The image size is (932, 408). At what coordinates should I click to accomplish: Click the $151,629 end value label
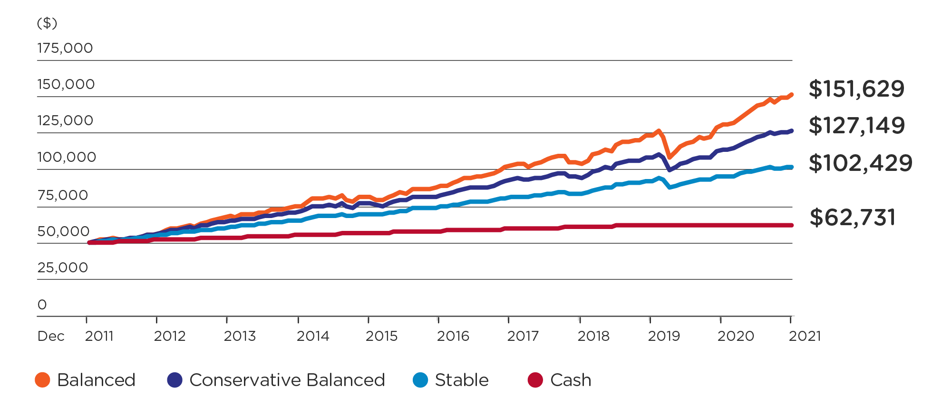(856, 89)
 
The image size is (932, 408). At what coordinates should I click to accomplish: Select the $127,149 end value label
(856, 126)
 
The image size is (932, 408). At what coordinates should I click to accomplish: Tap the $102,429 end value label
(860, 163)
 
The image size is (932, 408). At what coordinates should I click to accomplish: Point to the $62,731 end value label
(853, 218)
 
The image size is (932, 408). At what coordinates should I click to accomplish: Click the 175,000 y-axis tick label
(65, 48)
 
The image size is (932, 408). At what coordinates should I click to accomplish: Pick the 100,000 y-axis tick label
(67, 157)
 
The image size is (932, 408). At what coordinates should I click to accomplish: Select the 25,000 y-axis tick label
(63, 268)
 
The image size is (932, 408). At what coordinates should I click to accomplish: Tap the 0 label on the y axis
(42, 305)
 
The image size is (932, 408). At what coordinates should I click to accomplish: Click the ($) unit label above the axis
(47, 23)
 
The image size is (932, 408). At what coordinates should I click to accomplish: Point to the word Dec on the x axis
(51, 336)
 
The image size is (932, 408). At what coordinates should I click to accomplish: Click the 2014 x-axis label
(312, 336)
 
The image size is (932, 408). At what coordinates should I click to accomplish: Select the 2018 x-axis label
(593, 336)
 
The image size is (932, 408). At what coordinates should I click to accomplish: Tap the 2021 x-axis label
(805, 336)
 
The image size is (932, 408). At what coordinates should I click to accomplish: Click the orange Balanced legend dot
(43, 380)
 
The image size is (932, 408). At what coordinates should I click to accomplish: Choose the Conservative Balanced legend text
(287, 380)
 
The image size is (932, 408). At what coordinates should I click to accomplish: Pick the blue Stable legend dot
(420, 380)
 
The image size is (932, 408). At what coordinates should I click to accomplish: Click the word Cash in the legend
(571, 380)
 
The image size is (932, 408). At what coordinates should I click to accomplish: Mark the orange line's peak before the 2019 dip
(659, 131)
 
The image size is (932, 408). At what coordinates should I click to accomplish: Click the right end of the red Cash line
(791, 225)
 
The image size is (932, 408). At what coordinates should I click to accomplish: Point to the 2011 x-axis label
(99, 336)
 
